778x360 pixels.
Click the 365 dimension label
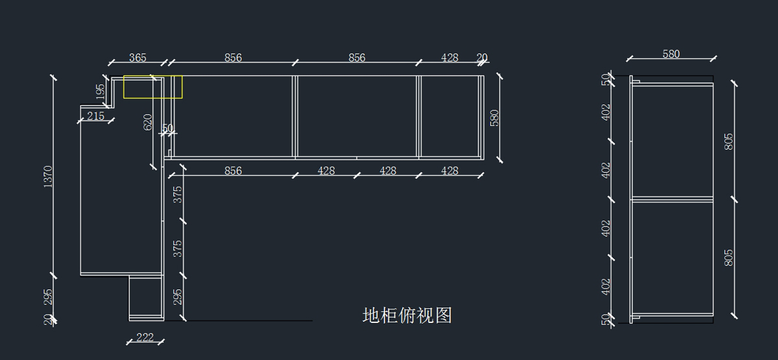point(137,57)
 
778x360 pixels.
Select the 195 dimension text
point(100,91)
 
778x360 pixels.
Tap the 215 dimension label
point(95,117)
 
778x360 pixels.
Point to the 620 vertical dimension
point(148,122)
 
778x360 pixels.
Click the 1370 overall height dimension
point(48,178)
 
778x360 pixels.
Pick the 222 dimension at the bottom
point(145,337)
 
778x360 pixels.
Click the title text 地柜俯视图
point(407,316)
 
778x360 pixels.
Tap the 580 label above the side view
point(671,54)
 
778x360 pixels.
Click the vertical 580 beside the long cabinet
point(495,118)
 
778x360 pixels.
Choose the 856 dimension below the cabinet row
point(233,171)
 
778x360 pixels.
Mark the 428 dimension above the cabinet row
point(449,58)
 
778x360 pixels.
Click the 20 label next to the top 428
point(482,58)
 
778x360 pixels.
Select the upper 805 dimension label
point(729,142)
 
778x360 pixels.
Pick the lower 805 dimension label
point(729,258)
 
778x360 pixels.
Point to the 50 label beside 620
point(168,128)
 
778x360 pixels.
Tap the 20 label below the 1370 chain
point(48,319)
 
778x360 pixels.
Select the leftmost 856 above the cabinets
point(233,58)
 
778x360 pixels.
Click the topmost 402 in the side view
point(606,112)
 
